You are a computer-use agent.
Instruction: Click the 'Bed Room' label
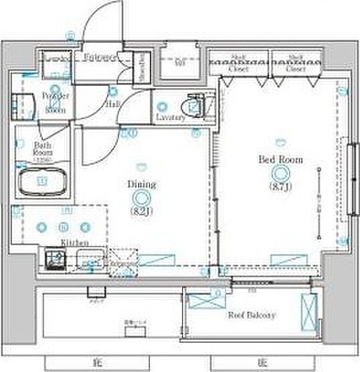point(281,160)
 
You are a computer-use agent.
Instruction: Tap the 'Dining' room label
point(142,184)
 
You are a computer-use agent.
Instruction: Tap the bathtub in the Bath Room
point(42,181)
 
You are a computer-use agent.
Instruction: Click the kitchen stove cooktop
point(54,258)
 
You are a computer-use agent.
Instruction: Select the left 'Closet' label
point(239,69)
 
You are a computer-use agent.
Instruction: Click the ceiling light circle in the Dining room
point(141,197)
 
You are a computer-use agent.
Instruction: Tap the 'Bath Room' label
point(43,147)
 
